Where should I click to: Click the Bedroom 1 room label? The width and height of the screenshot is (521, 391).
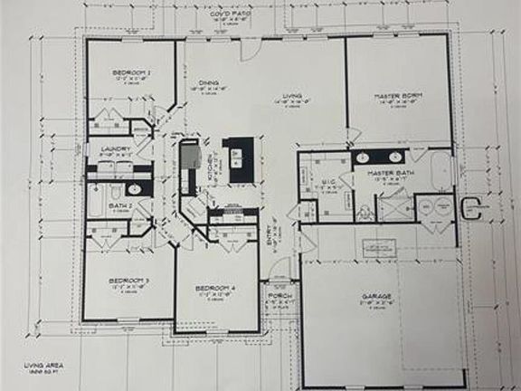[x=131, y=72]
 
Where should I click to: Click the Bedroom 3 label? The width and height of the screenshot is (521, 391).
[x=129, y=281]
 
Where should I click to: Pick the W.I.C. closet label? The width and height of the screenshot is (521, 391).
[x=328, y=184]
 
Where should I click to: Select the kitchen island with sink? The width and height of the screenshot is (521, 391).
[x=239, y=159]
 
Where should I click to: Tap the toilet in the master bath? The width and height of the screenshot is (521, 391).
[x=365, y=213]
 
